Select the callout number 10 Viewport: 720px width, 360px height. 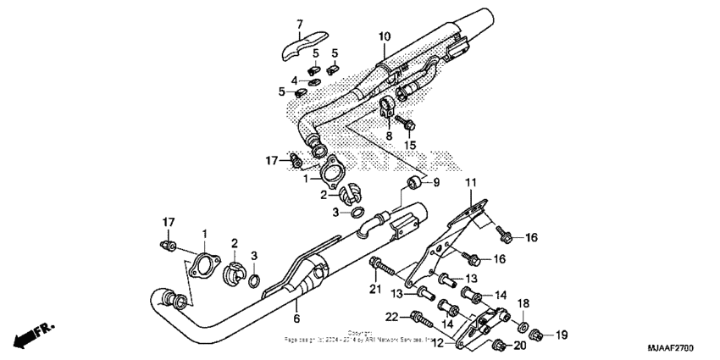(x=385, y=36)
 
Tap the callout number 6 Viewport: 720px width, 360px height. (x=296, y=319)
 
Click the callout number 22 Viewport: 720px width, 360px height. (x=391, y=317)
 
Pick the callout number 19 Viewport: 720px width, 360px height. (x=560, y=336)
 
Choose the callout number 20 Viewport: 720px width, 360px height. (x=519, y=346)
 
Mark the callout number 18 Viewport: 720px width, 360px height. (x=523, y=303)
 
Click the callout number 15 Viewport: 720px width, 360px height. (x=409, y=146)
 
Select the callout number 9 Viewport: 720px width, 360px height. (x=437, y=182)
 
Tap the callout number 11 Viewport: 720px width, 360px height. (x=470, y=182)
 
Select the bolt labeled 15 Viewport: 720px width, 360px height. (x=408, y=125)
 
